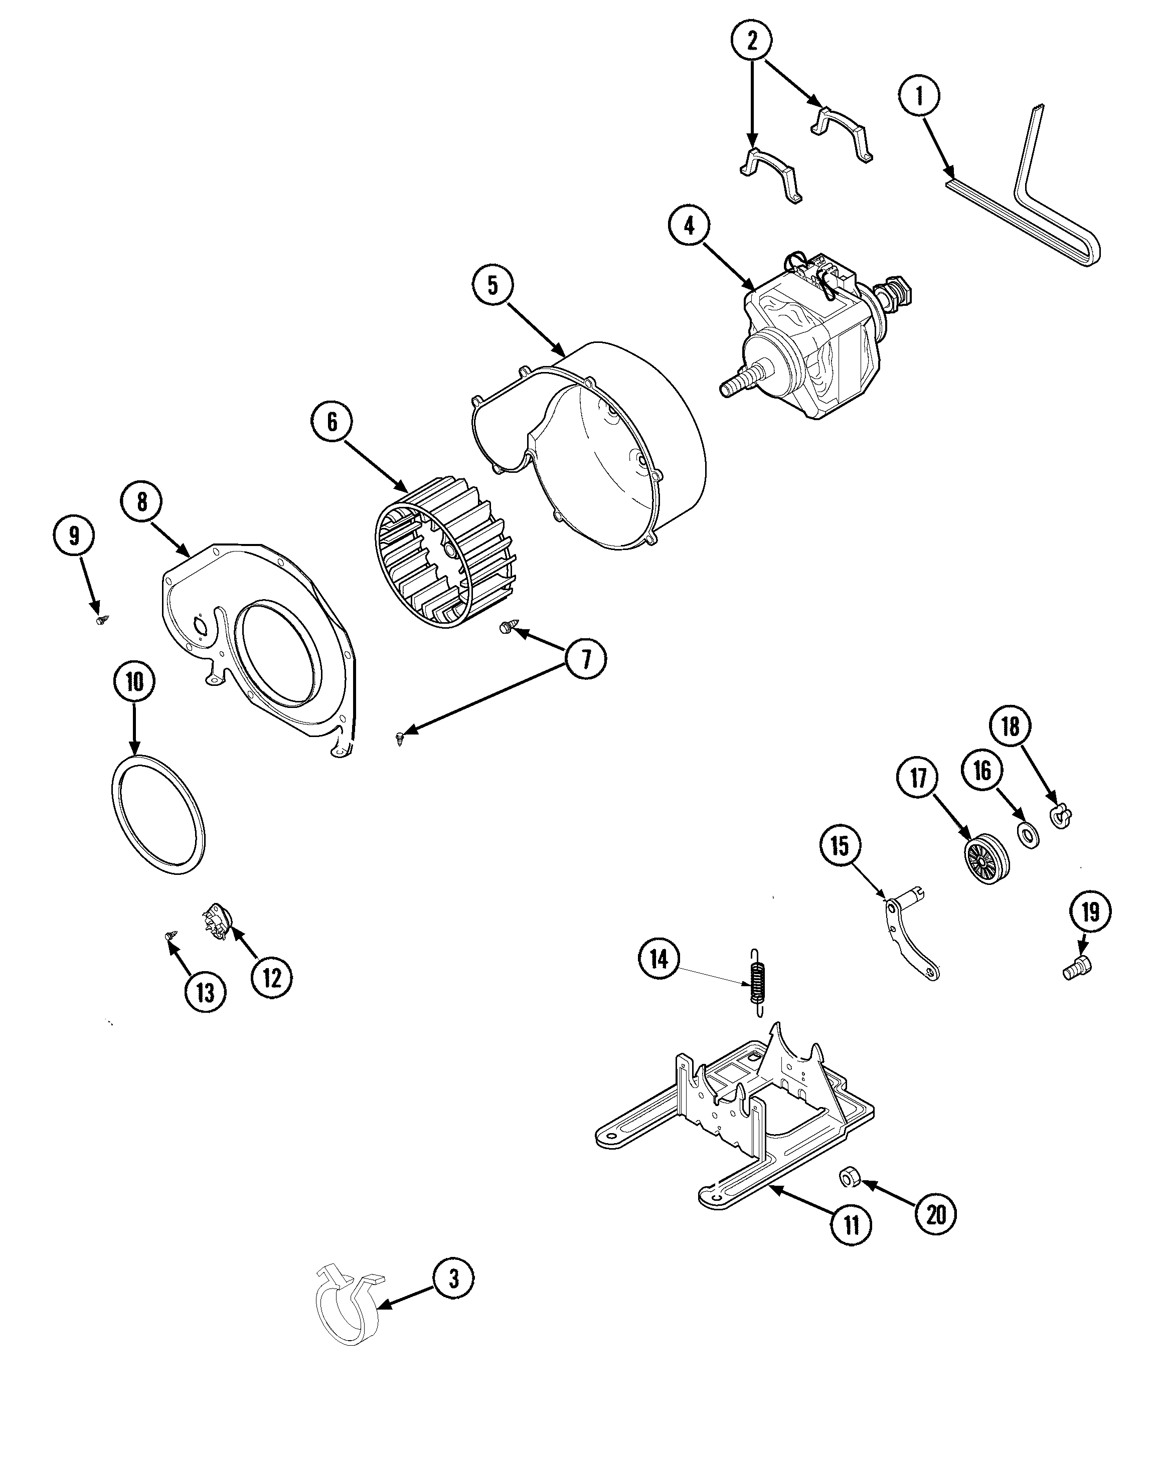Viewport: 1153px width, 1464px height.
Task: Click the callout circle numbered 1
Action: pos(919,96)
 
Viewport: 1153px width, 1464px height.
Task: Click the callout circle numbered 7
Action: pos(585,659)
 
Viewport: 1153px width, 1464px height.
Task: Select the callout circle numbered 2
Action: pos(751,41)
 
